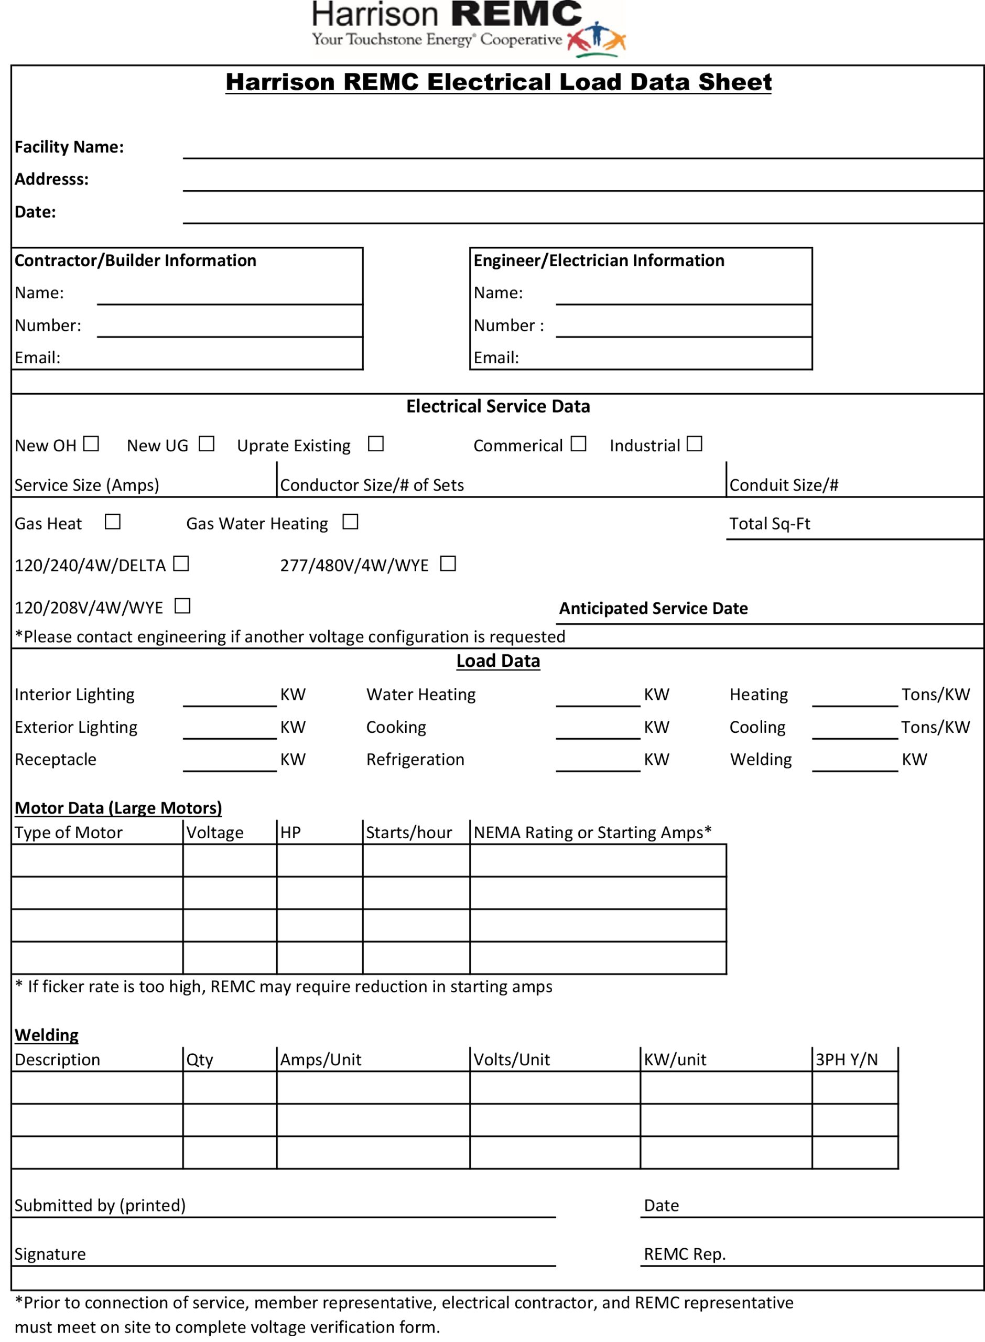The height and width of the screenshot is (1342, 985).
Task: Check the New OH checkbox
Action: tap(91, 443)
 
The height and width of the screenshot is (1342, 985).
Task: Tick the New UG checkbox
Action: tap(207, 443)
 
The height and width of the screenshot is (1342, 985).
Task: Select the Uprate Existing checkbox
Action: tap(376, 443)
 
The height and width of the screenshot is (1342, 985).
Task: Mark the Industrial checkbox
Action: tap(694, 443)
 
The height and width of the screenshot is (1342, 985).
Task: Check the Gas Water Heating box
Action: tap(350, 522)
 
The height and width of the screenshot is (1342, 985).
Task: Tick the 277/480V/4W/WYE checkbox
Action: tap(448, 564)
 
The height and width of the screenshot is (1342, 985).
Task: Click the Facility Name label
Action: tap(69, 147)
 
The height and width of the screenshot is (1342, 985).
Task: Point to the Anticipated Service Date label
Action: tap(653, 608)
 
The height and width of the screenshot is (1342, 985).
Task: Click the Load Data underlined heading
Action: tap(498, 661)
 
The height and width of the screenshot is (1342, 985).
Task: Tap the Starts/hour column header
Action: tap(408, 832)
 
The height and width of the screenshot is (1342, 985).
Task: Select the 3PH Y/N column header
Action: tap(846, 1059)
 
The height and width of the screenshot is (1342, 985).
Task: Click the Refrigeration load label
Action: tap(415, 759)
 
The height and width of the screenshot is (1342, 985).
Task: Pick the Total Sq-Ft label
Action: tap(769, 524)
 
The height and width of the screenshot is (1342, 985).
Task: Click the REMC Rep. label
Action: tap(685, 1254)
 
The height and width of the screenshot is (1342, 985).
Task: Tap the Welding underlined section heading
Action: tap(47, 1034)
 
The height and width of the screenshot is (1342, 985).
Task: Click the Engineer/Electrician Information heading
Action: tap(599, 261)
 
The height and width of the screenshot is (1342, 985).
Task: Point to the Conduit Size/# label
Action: tap(784, 485)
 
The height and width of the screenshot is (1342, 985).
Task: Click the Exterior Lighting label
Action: tap(75, 727)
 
